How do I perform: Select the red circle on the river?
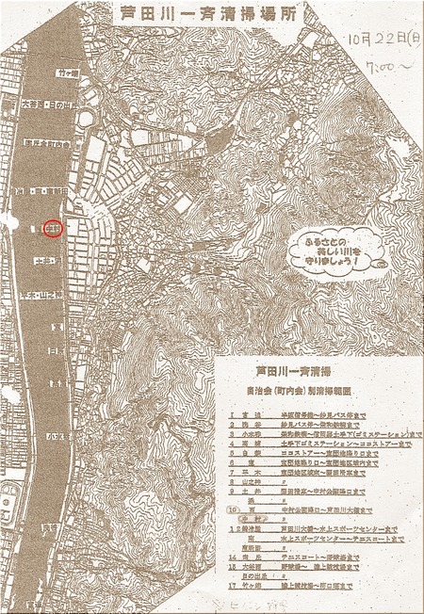pyautogui.click(x=54, y=228)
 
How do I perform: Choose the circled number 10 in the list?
pyautogui.click(x=231, y=509)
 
